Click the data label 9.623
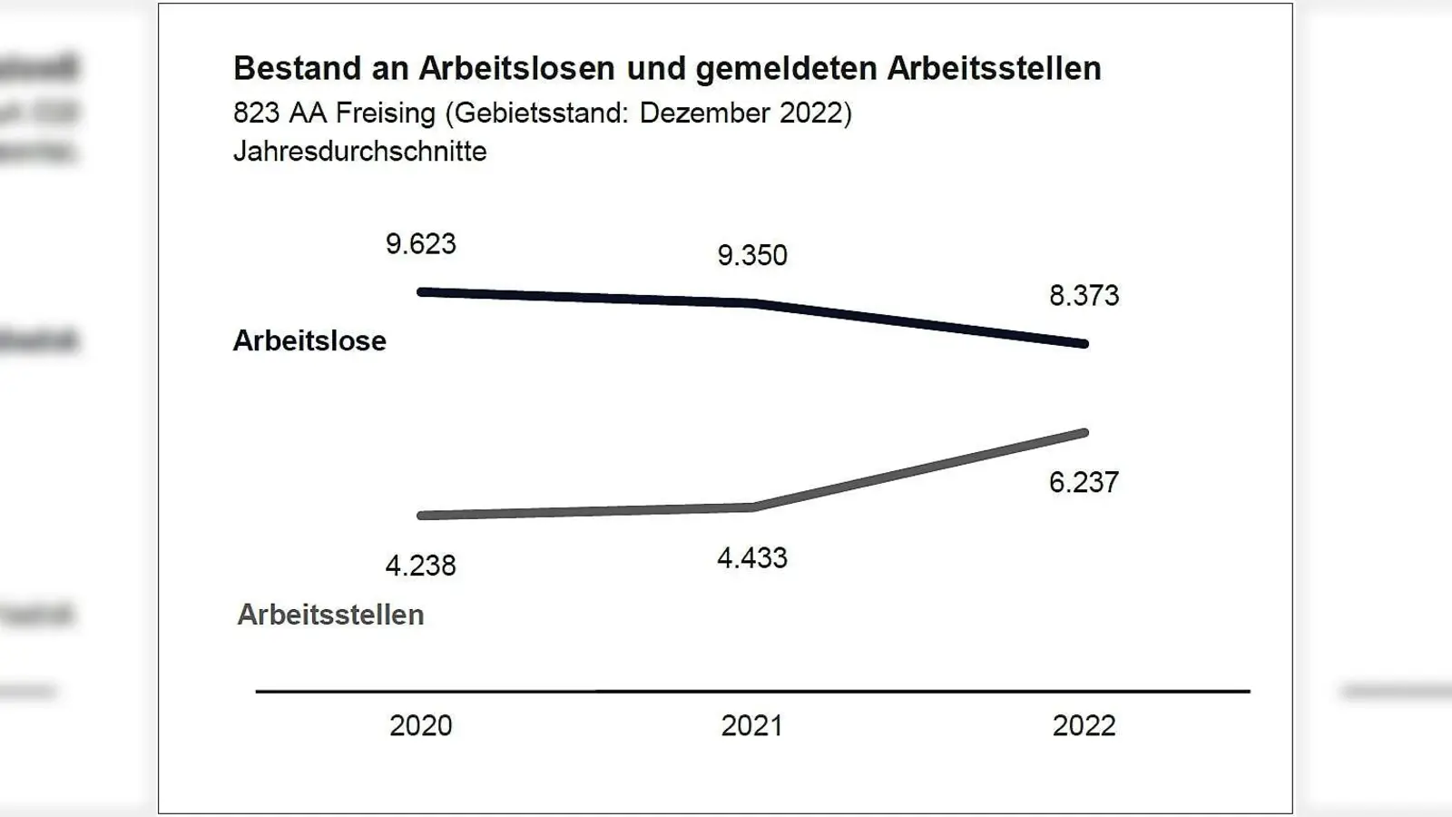click(420, 244)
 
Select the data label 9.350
click(752, 255)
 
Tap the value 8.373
click(1084, 296)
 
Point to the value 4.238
click(420, 566)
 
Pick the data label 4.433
click(752, 557)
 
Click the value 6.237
click(1084, 482)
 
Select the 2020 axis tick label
click(420, 725)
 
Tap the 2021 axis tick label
click(752, 725)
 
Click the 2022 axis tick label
click(1084, 725)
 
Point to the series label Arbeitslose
click(309, 340)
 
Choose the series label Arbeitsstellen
click(330, 615)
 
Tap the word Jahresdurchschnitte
click(359, 151)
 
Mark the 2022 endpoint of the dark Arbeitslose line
click(1084, 344)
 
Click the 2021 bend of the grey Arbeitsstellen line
click(752, 507)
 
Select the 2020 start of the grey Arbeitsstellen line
click(422, 516)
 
